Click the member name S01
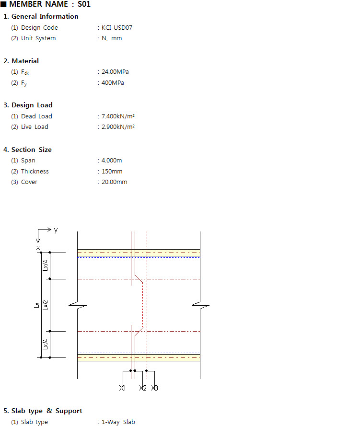[84, 4]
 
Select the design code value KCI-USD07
[117, 28]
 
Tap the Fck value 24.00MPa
[115, 72]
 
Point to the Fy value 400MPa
[113, 83]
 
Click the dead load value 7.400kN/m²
[118, 116]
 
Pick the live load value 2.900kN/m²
[118, 127]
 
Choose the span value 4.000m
[112, 161]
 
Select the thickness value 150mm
[112, 172]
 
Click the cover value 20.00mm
[115, 182]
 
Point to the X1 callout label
[123, 388]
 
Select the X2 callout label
[143, 388]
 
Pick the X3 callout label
[154, 388]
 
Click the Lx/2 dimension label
[46, 305]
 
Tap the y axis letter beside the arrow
[56, 230]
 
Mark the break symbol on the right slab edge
[200, 305]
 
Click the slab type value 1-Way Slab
[118, 422]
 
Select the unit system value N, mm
[112, 38]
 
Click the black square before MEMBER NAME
[3, 4]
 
